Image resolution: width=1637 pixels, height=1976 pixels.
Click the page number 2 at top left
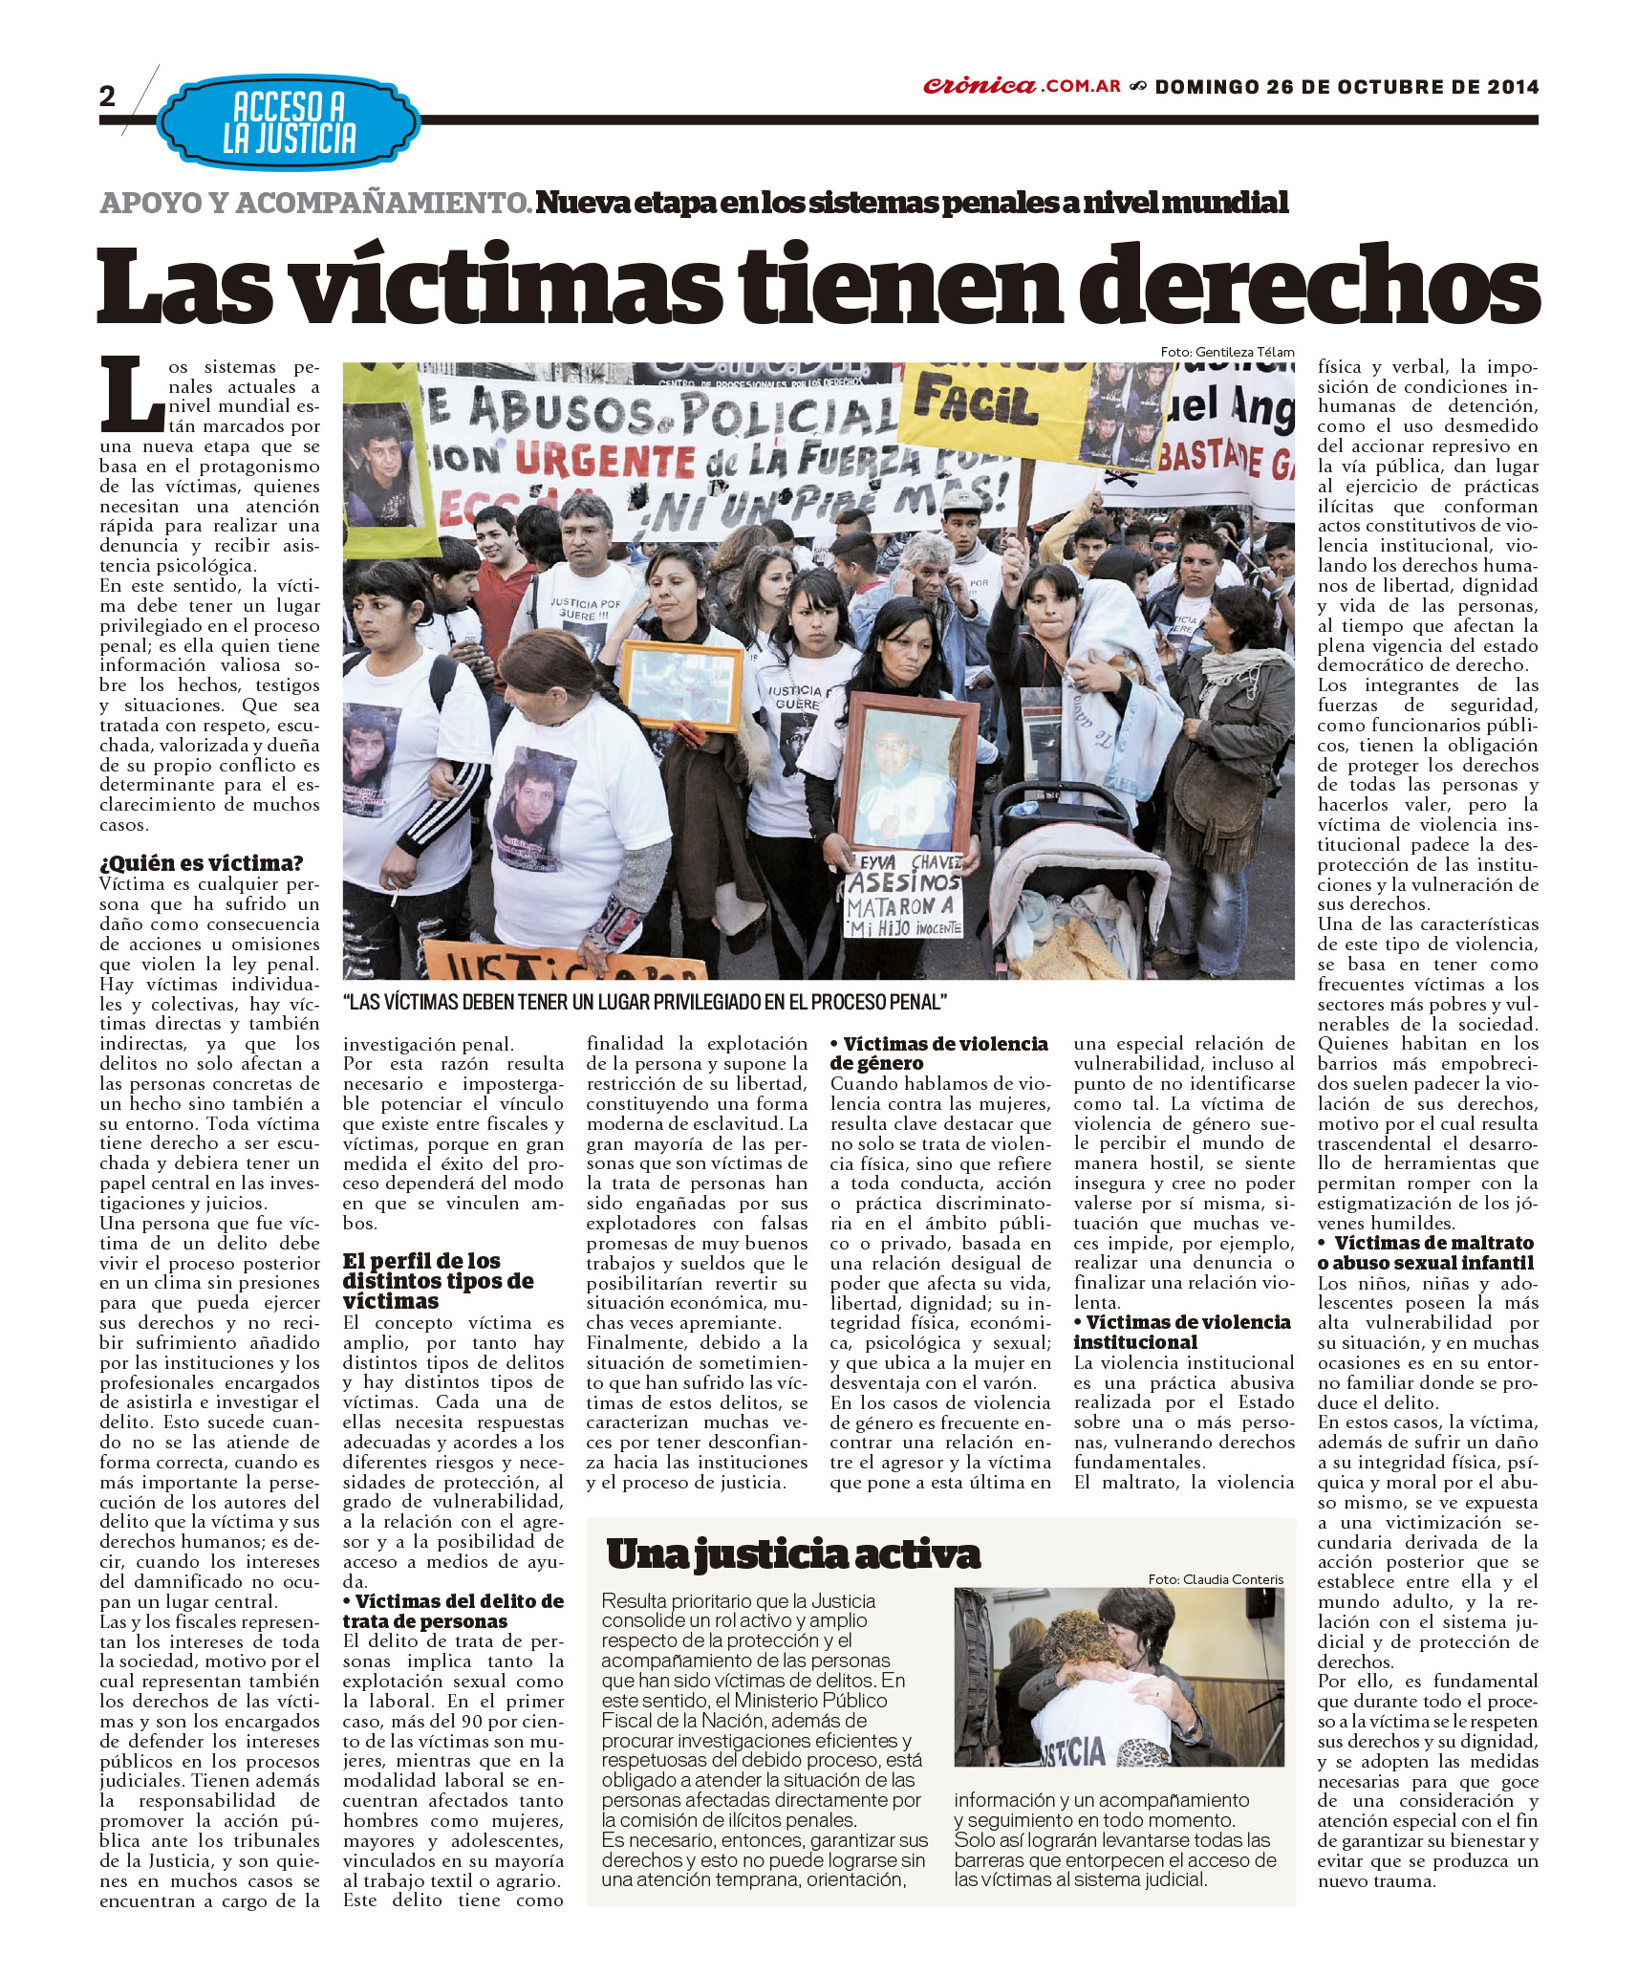(107, 96)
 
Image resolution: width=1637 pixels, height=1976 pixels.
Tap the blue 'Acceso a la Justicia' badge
(289, 122)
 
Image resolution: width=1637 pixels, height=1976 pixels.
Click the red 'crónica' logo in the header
(980, 86)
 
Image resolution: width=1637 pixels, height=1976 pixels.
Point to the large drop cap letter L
(133, 395)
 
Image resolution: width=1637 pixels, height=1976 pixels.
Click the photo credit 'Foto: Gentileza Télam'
(1227, 352)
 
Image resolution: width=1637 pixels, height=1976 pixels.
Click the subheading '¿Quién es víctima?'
(201, 863)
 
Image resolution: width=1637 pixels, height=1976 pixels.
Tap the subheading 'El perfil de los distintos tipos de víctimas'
(438, 1281)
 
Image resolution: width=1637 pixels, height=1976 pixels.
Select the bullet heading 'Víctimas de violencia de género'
(939, 1053)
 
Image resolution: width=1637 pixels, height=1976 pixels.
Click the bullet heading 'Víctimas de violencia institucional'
(1181, 1332)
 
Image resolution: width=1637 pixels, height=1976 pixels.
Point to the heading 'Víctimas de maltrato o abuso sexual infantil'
(1428, 1252)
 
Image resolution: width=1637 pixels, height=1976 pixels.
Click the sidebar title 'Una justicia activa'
(792, 1554)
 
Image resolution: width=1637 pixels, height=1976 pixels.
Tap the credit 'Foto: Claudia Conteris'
(1216, 1579)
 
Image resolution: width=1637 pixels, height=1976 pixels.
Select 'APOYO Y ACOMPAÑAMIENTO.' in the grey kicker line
(315, 204)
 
